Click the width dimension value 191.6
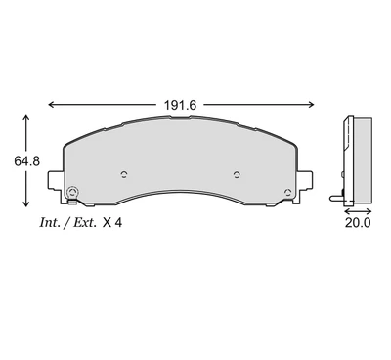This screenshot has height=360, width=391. [x=180, y=105]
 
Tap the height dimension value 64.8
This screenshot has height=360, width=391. [x=27, y=161]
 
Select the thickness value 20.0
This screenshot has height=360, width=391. [x=358, y=223]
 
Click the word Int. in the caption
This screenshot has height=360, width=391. [x=50, y=223]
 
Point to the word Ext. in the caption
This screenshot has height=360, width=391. [x=85, y=223]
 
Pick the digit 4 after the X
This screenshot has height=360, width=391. [x=118, y=223]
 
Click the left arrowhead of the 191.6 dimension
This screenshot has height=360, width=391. [x=51, y=105]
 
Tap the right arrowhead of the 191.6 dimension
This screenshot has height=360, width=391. [x=311, y=105]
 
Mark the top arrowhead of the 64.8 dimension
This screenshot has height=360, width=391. [x=26, y=118]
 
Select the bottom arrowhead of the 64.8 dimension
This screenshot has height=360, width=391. [x=26, y=203]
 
